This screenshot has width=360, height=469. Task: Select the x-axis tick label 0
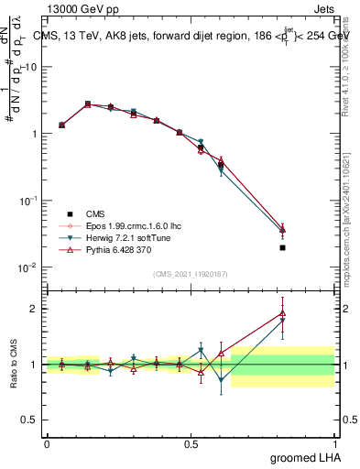coord(46,443)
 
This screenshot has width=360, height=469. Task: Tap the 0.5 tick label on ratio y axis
coord(28,420)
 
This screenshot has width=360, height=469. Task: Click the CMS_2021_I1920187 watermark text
coord(189,274)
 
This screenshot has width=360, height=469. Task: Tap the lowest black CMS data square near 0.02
coord(282,247)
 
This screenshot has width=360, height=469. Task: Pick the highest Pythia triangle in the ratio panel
coord(282,313)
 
